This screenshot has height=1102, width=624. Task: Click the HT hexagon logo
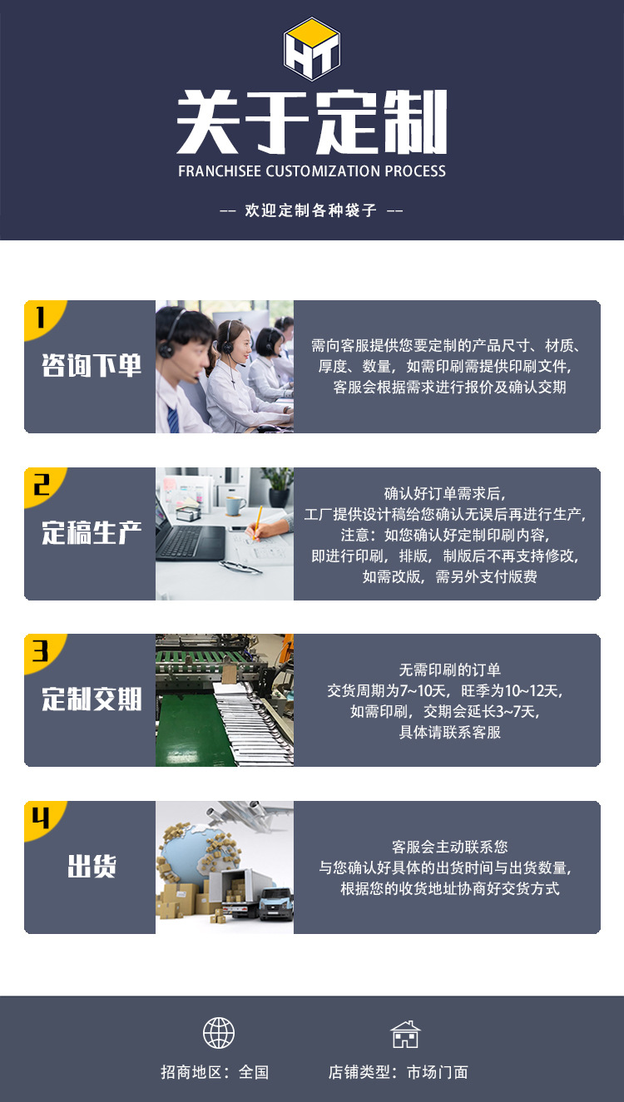click(312, 49)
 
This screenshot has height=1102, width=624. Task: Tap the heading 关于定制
click(312, 124)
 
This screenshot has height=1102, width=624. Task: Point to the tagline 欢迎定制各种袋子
click(311, 210)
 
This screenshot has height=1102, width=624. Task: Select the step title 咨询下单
click(92, 366)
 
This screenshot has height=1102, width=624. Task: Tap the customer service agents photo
click(225, 367)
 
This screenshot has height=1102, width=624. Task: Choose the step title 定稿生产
click(92, 533)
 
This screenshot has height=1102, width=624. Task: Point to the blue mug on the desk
click(235, 506)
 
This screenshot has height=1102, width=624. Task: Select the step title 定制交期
click(92, 699)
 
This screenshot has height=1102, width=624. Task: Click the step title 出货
click(92, 867)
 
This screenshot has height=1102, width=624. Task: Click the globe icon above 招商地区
click(219, 1033)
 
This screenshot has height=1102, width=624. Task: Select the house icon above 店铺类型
click(405, 1034)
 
